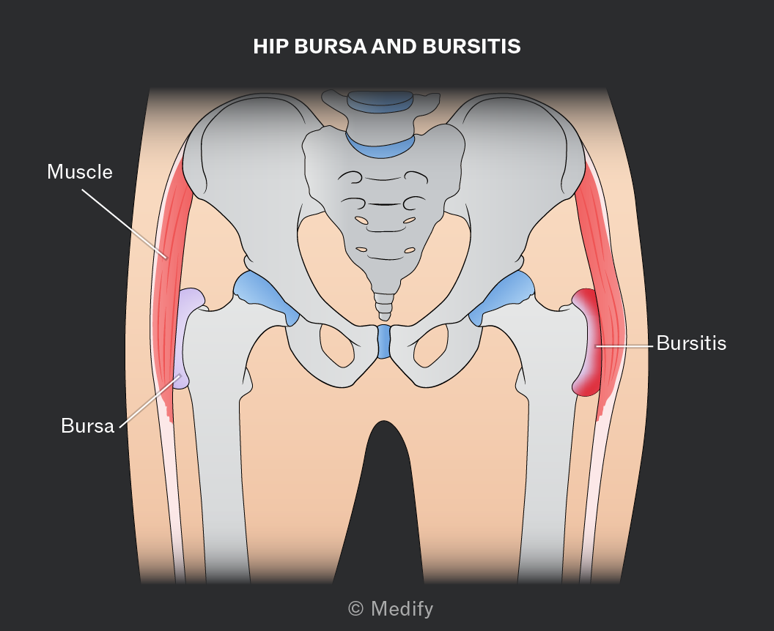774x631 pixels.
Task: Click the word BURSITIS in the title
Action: [471, 46]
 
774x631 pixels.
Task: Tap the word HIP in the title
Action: [270, 46]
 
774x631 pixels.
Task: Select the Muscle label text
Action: [80, 171]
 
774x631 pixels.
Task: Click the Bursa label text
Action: [87, 425]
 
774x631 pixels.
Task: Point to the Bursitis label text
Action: [691, 343]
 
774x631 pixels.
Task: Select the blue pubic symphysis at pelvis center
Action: [383, 341]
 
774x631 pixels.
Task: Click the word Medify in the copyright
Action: [402, 609]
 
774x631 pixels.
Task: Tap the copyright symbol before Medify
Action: [356, 609]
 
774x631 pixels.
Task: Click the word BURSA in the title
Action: [331, 46]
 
